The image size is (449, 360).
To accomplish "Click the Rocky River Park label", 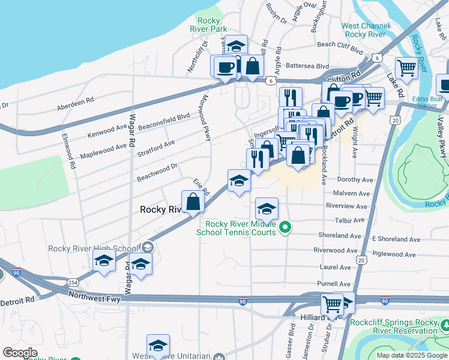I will [x=212, y=25].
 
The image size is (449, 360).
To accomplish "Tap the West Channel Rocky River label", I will [x=363, y=30].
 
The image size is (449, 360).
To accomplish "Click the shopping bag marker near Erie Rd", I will [x=193, y=202].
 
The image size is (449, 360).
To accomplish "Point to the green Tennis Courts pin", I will [x=286, y=227].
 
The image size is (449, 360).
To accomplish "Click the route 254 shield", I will [x=72, y=281].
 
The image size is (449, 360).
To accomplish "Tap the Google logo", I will [x=20, y=353].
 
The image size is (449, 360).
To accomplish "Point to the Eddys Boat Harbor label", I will [x=429, y=103].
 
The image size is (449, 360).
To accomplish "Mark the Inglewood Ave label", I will [x=394, y=254].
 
